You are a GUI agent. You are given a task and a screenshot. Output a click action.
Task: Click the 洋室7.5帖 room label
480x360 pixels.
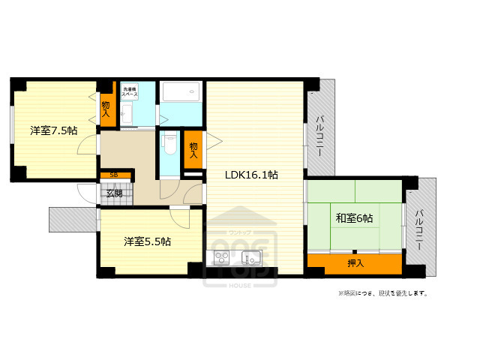53,130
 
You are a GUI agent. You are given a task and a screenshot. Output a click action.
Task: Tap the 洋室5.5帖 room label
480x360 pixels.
147,241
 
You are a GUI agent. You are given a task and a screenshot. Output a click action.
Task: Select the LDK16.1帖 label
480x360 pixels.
252,175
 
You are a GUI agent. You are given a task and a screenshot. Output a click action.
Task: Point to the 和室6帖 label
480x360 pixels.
355,218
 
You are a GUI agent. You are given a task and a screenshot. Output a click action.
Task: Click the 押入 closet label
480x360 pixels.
355,263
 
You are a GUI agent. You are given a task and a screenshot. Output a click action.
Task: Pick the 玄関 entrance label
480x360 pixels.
114,193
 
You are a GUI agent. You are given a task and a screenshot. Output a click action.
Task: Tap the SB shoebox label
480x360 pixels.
114,175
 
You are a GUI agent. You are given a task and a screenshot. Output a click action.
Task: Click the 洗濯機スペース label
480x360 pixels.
129,94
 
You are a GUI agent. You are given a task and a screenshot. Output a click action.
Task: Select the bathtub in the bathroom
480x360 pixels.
181,94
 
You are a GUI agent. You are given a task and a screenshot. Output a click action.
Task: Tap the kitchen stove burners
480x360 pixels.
222,259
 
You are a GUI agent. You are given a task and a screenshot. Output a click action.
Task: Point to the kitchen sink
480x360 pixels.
250,259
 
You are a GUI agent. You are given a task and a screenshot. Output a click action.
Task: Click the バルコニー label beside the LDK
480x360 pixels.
319,135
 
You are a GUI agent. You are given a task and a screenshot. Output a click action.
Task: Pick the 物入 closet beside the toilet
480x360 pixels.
193,149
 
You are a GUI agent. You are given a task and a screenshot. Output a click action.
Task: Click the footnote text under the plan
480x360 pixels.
382,293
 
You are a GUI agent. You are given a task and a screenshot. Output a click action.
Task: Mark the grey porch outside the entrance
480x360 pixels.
73,220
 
